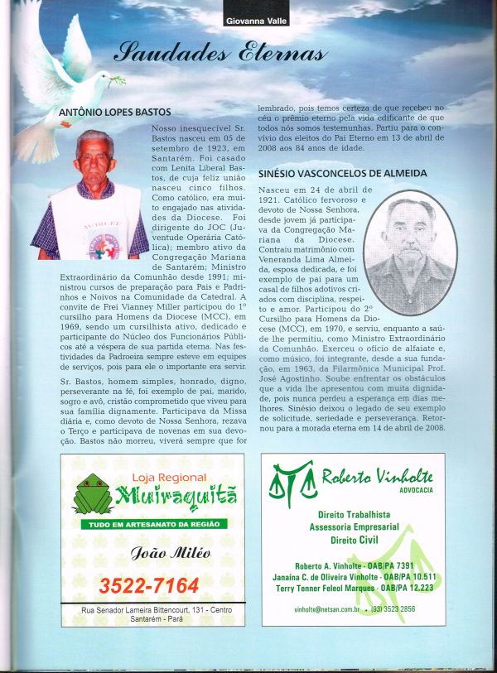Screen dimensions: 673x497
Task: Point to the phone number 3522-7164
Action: pos(149,586)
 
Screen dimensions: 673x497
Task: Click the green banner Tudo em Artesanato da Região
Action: pos(152,524)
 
